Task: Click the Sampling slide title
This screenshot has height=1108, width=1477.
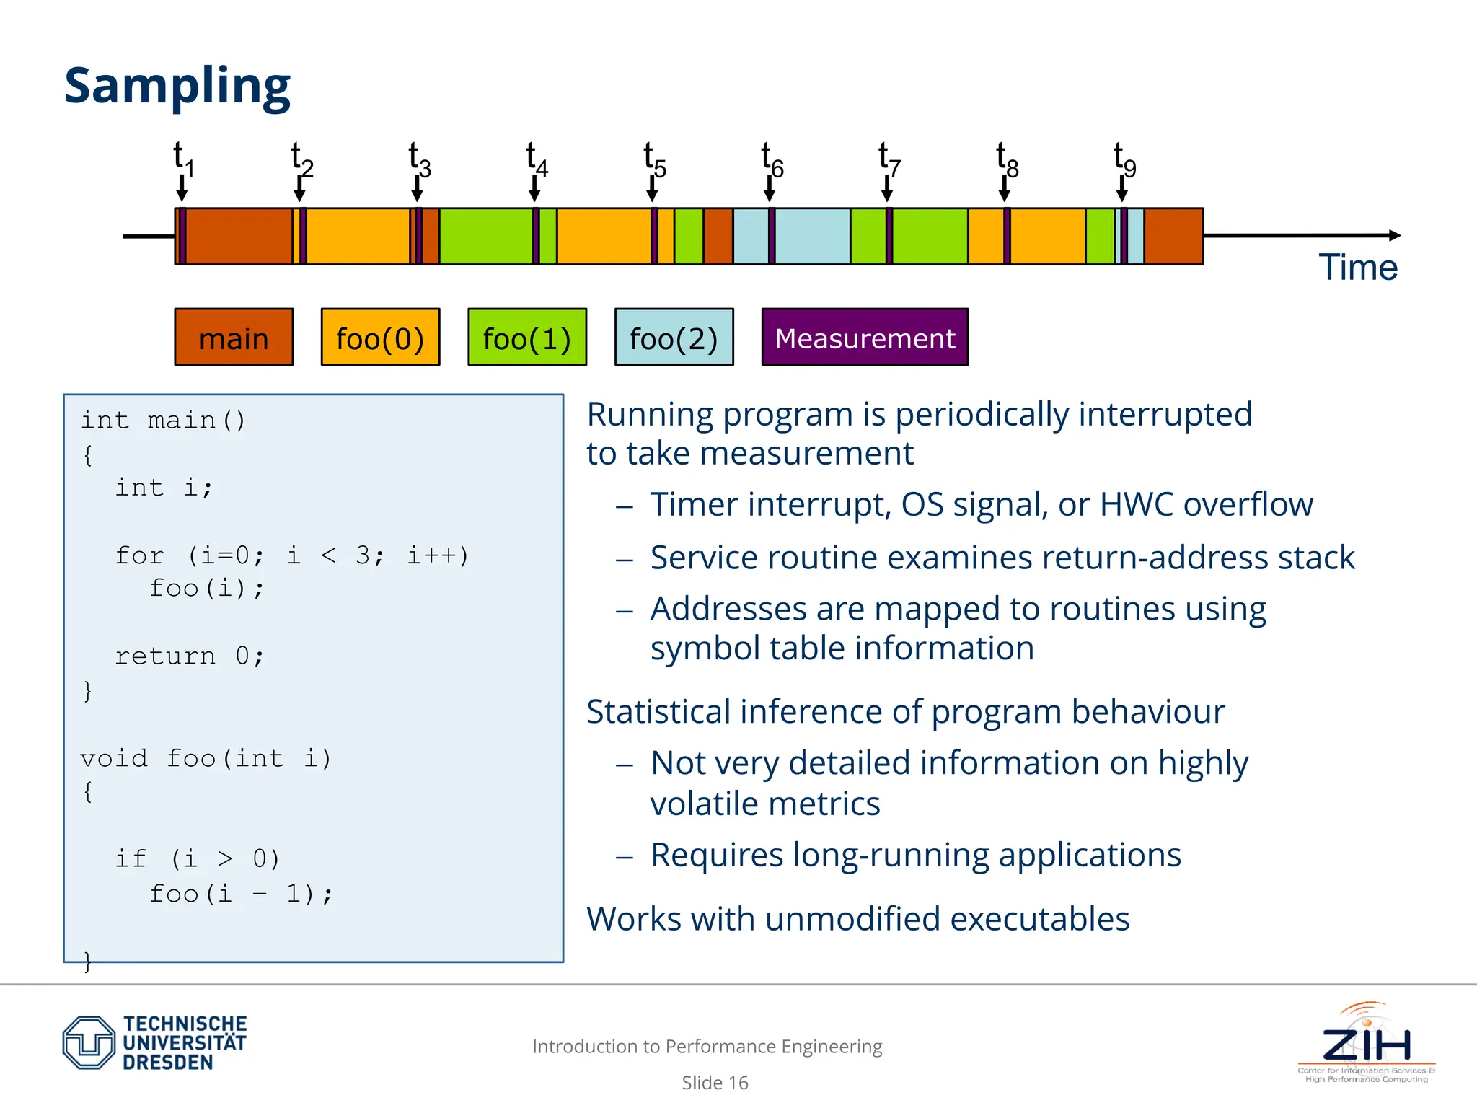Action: [x=177, y=86]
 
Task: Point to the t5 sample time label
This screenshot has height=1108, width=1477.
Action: [x=654, y=159]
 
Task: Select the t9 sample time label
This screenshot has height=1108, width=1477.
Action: [x=1124, y=159]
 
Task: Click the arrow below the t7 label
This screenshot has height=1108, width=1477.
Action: [x=887, y=189]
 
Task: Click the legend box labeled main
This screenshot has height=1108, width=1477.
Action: [x=234, y=338]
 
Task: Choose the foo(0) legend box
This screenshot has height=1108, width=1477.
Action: [x=380, y=338]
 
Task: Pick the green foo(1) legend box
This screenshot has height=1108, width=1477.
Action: [x=527, y=338]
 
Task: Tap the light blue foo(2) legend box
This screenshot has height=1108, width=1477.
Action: [x=674, y=338]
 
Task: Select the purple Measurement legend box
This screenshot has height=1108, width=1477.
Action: [x=865, y=338]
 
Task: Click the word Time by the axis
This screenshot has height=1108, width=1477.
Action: [x=1357, y=268]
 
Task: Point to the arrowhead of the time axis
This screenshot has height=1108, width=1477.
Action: [x=1395, y=235]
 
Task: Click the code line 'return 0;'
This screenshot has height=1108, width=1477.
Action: [x=190, y=656]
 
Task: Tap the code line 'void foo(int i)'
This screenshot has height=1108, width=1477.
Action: [x=206, y=758]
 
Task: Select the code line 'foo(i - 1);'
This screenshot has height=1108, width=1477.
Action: [x=241, y=894]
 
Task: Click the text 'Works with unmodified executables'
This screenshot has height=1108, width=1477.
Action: [x=857, y=919]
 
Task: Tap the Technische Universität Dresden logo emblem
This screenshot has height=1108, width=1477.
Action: [x=89, y=1042]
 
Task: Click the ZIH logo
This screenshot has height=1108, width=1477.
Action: [x=1366, y=1042]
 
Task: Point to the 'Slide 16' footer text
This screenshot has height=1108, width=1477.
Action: [x=715, y=1083]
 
